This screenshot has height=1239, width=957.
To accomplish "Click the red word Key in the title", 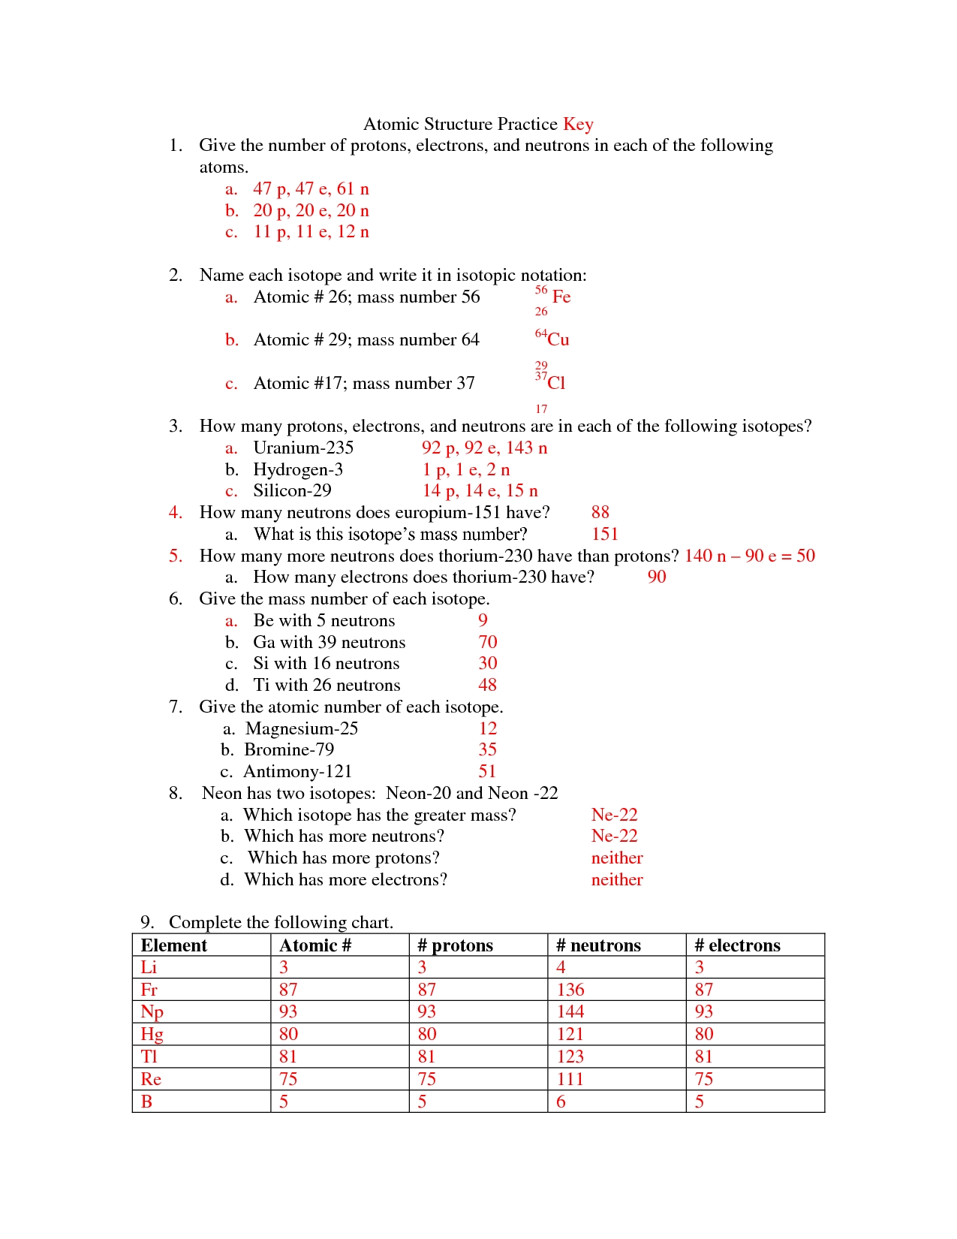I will coord(578,124).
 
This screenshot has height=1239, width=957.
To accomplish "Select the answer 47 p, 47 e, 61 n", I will coord(311,188).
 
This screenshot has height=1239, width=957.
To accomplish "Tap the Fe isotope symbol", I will coord(561,297).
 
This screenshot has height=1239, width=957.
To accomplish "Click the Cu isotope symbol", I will coord(558,339).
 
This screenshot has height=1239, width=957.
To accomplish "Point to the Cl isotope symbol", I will coord(556,383).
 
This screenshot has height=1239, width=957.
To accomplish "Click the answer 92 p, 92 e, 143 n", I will coord(484,448).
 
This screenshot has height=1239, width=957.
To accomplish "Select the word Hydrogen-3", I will coord(298,470).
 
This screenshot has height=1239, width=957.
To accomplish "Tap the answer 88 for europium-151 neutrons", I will coord(600,513).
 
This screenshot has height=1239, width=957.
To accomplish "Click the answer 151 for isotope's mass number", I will coord(604,535).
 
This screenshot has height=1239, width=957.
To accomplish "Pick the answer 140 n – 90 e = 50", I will coord(749,556).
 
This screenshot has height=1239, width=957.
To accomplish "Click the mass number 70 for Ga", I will coord(487,642).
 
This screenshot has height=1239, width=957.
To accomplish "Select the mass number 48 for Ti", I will coord(487,685).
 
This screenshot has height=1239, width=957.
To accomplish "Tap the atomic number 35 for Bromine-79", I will coord(487,749).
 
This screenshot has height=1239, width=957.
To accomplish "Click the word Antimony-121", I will coord(297,772).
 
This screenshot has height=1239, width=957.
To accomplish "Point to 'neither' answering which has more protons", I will coord(616,858).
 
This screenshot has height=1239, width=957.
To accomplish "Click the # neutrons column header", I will coord(598,945).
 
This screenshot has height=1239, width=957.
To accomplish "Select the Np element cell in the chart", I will coord(152,1011).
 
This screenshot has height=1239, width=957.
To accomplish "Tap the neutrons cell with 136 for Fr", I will coord(570,990).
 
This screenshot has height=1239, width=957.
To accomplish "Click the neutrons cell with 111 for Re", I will coord(570,1079).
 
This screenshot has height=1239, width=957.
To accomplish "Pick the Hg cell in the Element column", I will coord(152,1034).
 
